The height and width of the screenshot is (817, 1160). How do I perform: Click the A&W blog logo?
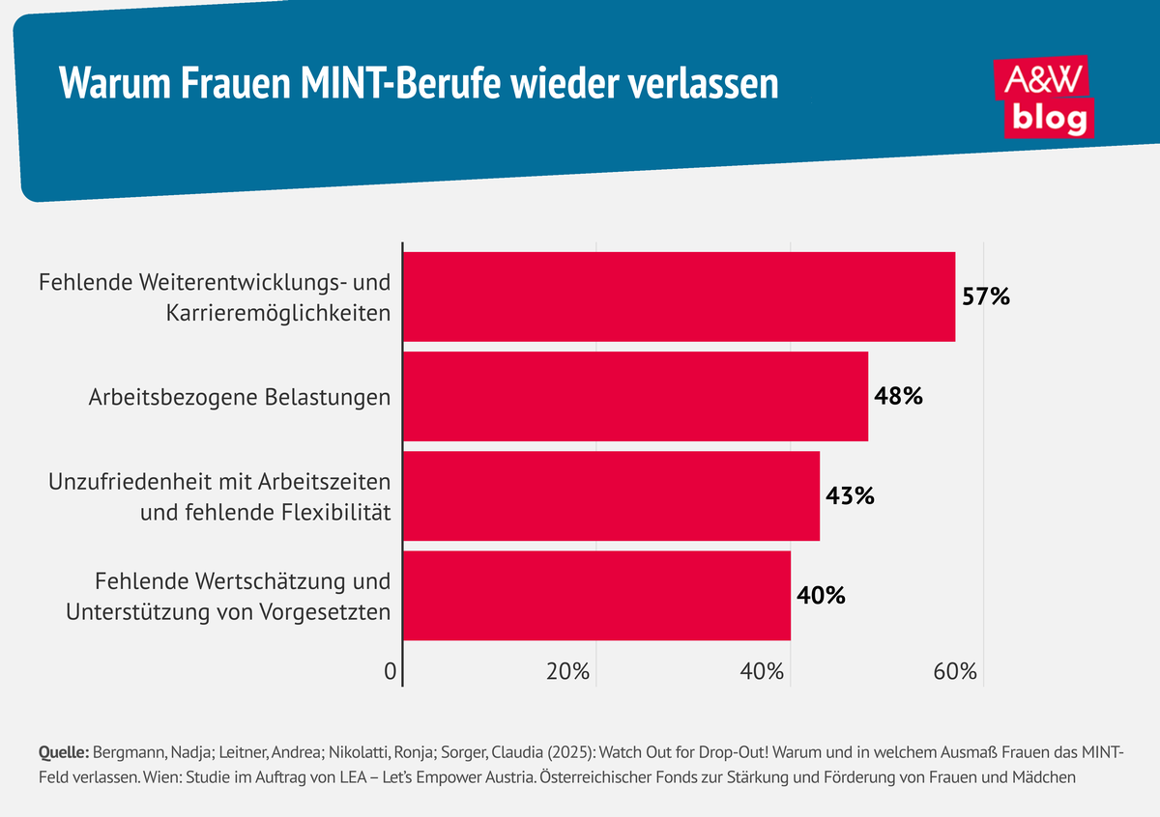tap(1044, 97)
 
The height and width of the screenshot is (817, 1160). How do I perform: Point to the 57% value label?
tap(986, 296)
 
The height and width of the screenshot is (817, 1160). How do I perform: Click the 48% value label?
tap(899, 396)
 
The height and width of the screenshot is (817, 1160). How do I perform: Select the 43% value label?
tap(851, 496)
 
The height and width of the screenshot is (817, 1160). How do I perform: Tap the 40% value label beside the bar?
tap(822, 596)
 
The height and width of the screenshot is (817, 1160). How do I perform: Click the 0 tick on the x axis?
tap(391, 672)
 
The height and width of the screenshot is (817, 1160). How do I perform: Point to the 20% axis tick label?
tap(567, 672)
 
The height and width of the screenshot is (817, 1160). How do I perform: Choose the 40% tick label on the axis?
tap(762, 672)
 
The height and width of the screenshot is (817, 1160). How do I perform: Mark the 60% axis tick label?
tap(955, 672)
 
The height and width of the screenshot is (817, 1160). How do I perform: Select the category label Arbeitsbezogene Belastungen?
tap(240, 397)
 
